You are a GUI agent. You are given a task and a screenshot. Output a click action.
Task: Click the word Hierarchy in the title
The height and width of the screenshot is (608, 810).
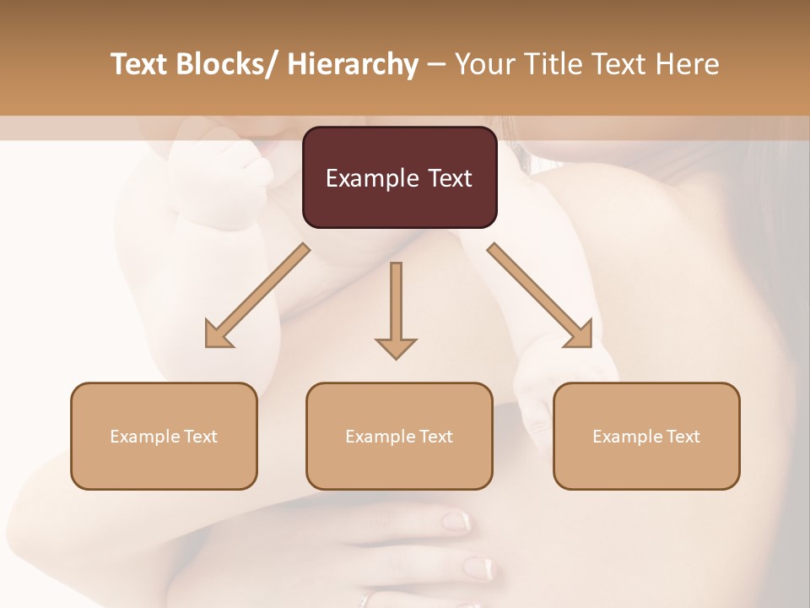click(x=353, y=65)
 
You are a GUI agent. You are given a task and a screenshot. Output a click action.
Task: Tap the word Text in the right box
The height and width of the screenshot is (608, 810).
click(x=683, y=437)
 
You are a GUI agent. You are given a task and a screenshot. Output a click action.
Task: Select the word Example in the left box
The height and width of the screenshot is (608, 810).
click(x=145, y=437)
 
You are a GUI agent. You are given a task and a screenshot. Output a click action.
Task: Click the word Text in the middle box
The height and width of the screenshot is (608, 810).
click(x=435, y=437)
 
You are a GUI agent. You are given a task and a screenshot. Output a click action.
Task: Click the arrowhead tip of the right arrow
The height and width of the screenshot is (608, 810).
click(x=590, y=345)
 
